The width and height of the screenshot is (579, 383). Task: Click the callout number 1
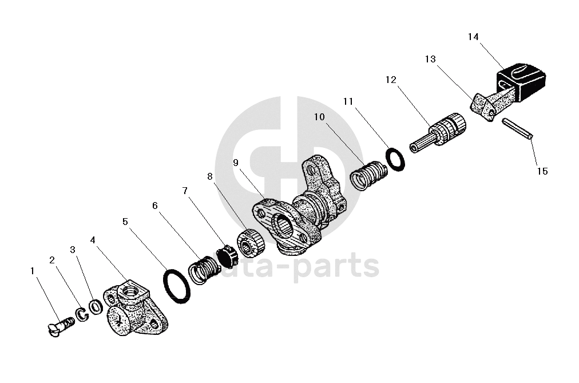pyautogui.click(x=33, y=271)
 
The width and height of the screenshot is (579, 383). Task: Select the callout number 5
pyautogui.click(x=125, y=222)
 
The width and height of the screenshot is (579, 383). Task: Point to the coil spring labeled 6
pyautogui.click(x=204, y=270)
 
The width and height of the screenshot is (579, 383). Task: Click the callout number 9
pyautogui.click(x=236, y=163)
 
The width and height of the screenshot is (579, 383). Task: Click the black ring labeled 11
pyautogui.click(x=396, y=159)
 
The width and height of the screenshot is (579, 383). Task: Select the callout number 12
pyautogui.click(x=391, y=80)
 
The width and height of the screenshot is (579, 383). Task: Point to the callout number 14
pyautogui.click(x=473, y=37)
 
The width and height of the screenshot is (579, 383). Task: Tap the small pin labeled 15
pyautogui.click(x=518, y=128)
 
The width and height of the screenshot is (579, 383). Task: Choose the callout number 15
pyautogui.click(x=542, y=171)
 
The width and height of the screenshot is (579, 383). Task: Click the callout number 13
pyautogui.click(x=430, y=59)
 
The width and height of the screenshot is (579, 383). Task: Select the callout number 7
pyautogui.click(x=185, y=191)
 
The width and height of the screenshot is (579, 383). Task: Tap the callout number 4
pyautogui.click(x=93, y=240)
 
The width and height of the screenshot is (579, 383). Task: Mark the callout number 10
pyautogui.click(x=319, y=117)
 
